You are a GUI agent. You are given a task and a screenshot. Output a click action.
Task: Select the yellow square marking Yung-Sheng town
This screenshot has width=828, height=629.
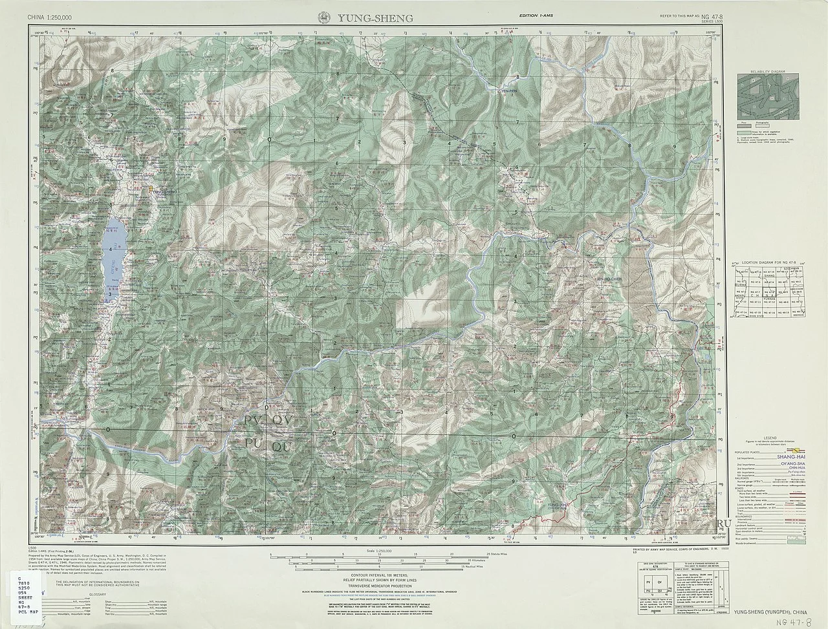pos(151,189)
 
